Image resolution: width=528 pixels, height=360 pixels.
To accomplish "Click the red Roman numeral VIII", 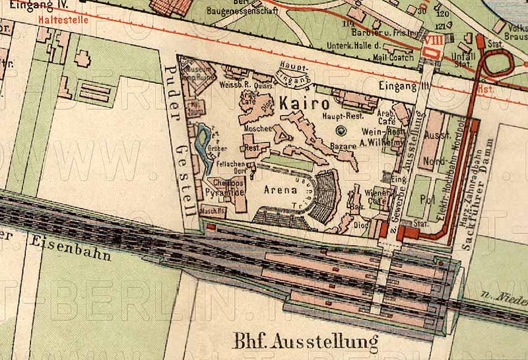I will pyautogui.click(x=433, y=41).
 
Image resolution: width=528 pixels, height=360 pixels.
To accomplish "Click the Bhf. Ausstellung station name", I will pyautogui.click(x=306, y=342).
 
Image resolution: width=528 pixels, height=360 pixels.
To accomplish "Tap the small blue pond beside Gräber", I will pyautogui.click(x=203, y=139).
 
